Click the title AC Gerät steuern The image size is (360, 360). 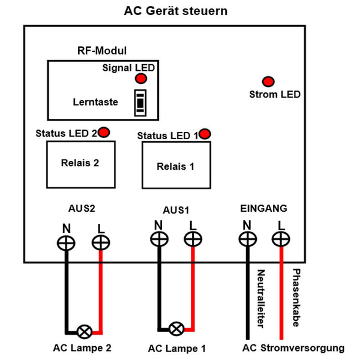tap(176, 11)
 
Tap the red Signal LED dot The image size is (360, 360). tap(140, 79)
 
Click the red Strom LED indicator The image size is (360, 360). tap(268, 82)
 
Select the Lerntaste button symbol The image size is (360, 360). tap(140, 103)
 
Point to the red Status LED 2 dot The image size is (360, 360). tap(104, 133)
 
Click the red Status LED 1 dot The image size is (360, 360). tap(206, 133)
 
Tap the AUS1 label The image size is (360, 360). tap(176, 211)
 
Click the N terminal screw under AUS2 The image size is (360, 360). tap(66, 243)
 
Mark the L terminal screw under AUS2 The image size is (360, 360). tap(100, 243)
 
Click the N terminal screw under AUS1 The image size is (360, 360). tap(158, 239)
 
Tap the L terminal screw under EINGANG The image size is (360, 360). tap(280, 239)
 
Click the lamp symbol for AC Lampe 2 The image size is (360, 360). tap(85, 331)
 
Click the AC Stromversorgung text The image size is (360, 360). tap(293, 348)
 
